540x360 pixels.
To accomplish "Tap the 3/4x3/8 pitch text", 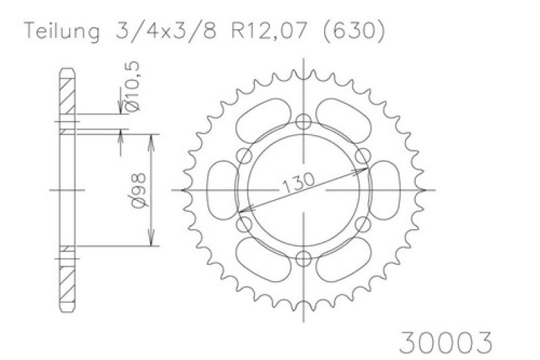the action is (x=166, y=31).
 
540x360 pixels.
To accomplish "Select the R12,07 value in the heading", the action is (x=269, y=31).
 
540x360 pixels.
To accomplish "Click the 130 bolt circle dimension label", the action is (x=298, y=182).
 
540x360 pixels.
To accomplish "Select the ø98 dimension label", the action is (x=139, y=190).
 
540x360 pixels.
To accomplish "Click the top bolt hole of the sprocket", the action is (x=303, y=122).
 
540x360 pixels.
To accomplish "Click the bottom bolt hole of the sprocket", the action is (x=303, y=259).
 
